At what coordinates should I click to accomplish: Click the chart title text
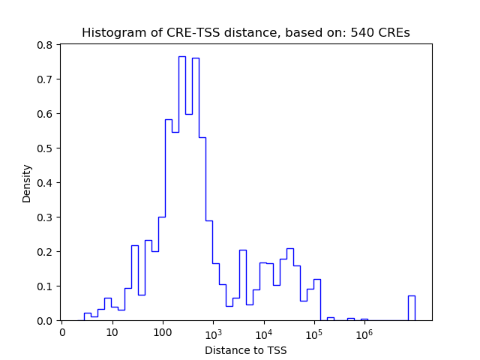pyautogui.click(x=245, y=33)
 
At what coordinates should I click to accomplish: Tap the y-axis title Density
pyautogui.click(x=27, y=183)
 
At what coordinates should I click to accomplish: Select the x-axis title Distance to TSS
pyautogui.click(x=245, y=349)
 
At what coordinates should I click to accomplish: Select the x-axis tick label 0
pyautogui.click(x=63, y=332)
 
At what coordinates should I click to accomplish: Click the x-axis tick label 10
pyautogui.click(x=112, y=332)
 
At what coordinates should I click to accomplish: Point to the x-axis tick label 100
pyautogui.click(x=163, y=332)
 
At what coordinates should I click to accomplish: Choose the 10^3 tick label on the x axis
pyautogui.click(x=213, y=331)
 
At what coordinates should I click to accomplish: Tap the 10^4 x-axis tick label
pyautogui.click(x=263, y=331)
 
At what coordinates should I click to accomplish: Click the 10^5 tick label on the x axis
pyautogui.click(x=313, y=331)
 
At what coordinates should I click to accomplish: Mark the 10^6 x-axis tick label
pyautogui.click(x=364, y=331)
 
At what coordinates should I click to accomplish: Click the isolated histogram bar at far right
pyautogui.click(x=411, y=308)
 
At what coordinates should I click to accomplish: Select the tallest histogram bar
pyautogui.click(x=182, y=187)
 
